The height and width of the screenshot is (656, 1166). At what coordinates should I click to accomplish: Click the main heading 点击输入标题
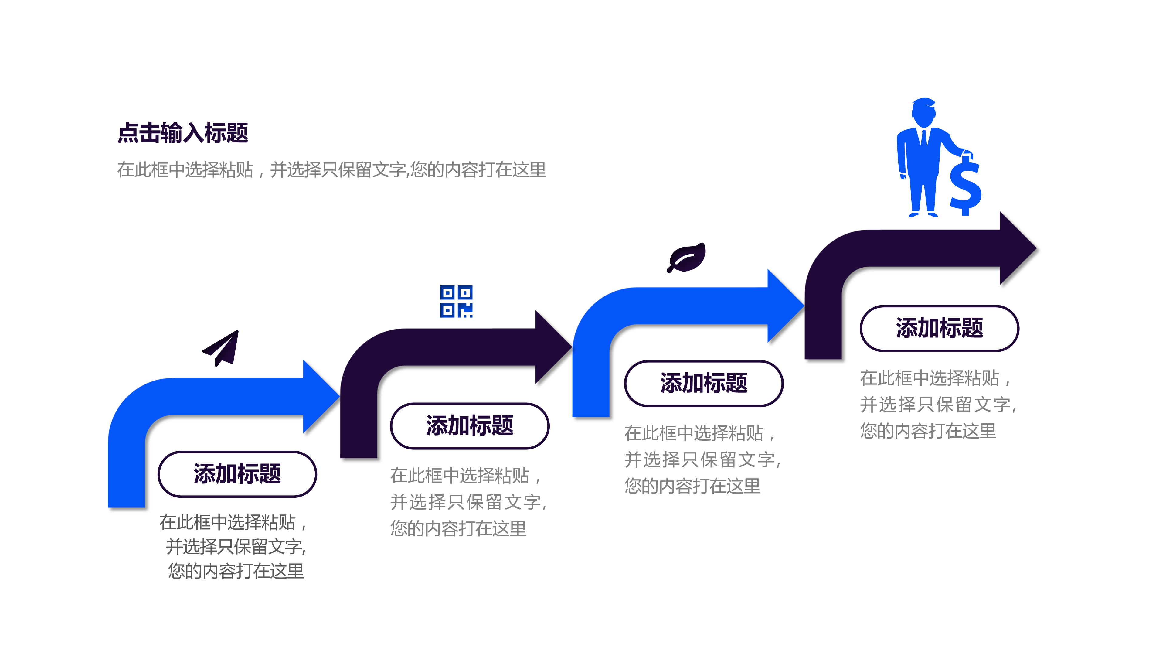coord(183,133)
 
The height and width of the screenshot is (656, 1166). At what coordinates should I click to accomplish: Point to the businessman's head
coord(923,113)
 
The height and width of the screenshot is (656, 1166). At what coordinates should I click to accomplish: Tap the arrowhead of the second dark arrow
coord(551,347)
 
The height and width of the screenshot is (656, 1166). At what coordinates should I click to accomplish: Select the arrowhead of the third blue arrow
coord(783,306)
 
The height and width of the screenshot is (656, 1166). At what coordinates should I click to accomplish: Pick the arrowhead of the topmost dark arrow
coord(1016,248)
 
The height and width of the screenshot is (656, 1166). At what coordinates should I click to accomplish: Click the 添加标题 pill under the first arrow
coord(237,474)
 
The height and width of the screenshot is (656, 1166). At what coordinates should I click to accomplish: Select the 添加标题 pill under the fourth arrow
coord(939,328)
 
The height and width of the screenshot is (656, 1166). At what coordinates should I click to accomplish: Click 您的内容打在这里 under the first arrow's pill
coord(236,571)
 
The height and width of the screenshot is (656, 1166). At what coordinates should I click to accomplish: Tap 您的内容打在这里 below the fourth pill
coord(928,431)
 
